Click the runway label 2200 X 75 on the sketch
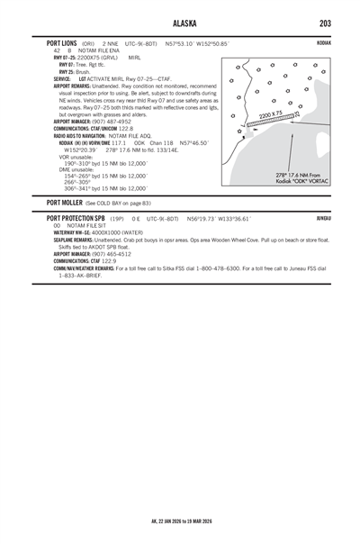271,115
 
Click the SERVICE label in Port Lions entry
63,78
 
